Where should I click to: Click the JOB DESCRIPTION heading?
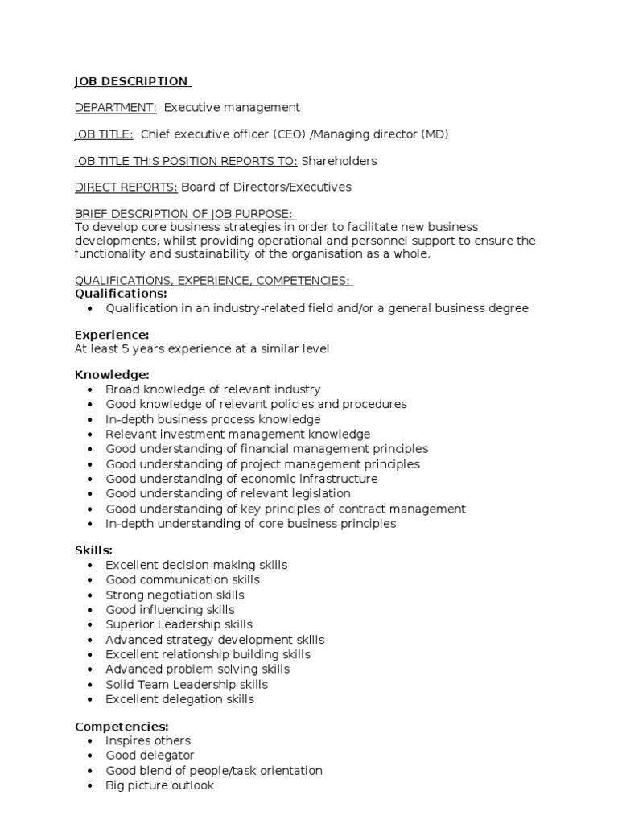(132, 81)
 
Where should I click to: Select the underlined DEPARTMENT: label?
(116, 107)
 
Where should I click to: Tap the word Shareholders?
(339, 161)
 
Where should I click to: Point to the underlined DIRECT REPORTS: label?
(126, 187)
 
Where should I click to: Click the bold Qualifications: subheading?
(121, 294)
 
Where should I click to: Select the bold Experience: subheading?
(112, 335)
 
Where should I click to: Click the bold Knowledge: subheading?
(112, 375)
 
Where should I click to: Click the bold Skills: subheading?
(94, 550)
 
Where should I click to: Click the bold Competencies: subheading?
(122, 726)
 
